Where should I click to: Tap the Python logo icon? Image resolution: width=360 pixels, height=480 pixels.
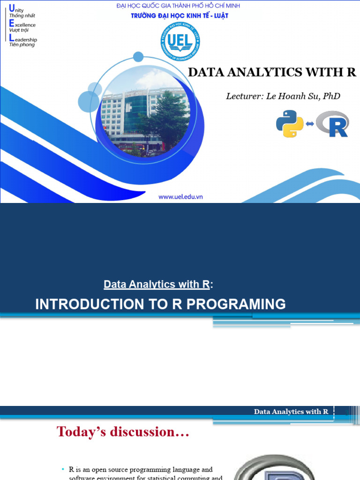(x=289, y=124)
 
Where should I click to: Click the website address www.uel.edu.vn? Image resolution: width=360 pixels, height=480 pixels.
(x=180, y=197)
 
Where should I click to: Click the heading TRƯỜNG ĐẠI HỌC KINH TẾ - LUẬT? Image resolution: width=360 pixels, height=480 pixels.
(x=180, y=15)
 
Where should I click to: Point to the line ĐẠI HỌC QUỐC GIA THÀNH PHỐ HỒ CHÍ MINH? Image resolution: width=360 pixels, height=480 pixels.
(x=180, y=6)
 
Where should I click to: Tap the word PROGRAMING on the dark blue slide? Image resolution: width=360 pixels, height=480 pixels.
(x=236, y=304)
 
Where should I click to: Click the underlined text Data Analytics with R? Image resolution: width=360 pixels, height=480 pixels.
(x=157, y=284)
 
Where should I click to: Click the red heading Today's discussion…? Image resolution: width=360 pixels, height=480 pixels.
(x=123, y=432)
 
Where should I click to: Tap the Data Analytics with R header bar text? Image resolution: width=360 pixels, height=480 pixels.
(x=291, y=412)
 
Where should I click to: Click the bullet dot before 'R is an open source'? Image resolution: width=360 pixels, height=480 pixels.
(x=63, y=469)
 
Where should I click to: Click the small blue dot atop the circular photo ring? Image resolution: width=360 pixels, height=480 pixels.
(x=138, y=57)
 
